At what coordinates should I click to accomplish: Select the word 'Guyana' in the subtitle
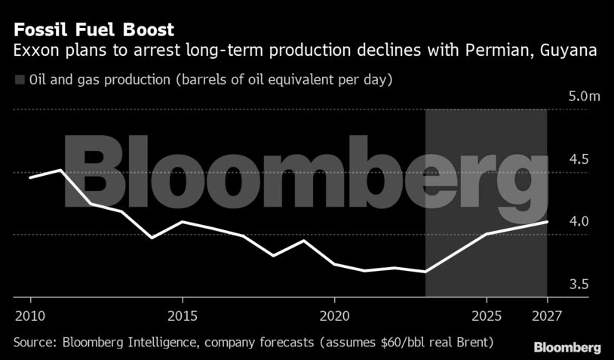pos(575,51)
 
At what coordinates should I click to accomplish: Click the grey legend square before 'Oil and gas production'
pos(20,79)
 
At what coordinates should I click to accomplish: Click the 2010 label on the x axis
pos(29,314)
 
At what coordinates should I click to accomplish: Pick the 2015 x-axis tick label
pos(182,314)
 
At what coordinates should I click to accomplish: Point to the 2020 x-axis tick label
pos(334,314)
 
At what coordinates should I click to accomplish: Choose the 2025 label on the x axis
pos(487,314)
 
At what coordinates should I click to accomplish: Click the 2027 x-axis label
pos(547,314)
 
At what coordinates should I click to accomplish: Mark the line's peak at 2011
pos(60,170)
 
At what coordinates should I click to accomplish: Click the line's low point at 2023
pos(425,272)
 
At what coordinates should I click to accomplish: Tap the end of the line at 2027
pos(547,222)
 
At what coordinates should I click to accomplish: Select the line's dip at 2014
pos(152,238)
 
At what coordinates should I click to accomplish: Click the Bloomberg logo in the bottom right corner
pos(567,348)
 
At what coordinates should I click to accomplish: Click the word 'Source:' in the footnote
pos(35,343)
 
